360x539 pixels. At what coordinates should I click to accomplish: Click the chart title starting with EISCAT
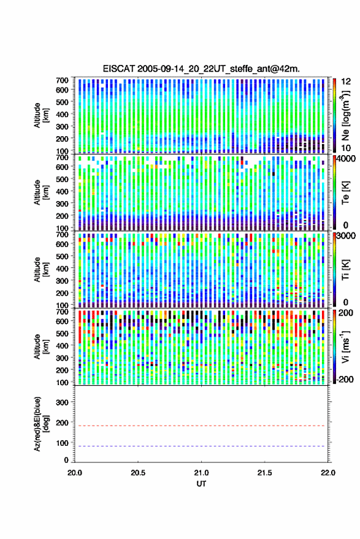[201, 69]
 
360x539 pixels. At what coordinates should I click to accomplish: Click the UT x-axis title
[201, 484]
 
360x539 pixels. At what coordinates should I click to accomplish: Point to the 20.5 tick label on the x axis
[138, 473]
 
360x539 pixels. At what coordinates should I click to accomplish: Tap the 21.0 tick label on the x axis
[201, 473]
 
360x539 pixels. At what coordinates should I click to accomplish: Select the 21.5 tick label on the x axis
[264, 473]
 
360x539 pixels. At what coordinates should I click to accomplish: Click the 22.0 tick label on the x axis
[327, 473]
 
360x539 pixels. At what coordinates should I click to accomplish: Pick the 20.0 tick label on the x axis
[75, 473]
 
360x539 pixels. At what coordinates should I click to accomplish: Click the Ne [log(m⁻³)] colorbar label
[345, 115]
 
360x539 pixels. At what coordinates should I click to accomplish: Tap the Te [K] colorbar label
[345, 193]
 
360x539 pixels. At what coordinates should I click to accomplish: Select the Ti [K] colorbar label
[345, 270]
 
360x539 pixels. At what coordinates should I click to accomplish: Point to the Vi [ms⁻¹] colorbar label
[345, 346]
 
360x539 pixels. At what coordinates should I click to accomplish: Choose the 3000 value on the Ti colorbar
[346, 236]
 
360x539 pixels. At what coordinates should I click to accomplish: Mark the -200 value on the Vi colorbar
[345, 379]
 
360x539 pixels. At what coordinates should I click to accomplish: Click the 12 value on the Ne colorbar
[346, 82]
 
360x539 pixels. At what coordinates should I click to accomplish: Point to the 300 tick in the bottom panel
[62, 402]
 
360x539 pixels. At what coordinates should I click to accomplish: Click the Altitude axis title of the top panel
[41, 115]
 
